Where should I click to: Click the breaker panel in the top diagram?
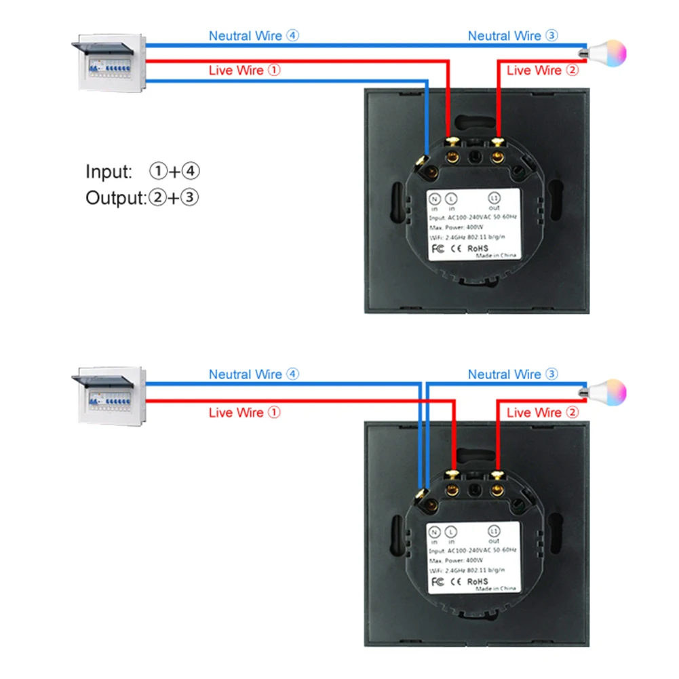click(x=109, y=64)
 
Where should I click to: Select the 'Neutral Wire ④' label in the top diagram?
click(x=254, y=36)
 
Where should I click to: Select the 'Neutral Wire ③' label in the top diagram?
click(x=513, y=36)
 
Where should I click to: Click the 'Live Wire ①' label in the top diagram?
click(x=244, y=71)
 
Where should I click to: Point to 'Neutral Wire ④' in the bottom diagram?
click(x=254, y=374)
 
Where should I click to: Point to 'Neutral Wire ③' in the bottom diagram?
click(x=513, y=374)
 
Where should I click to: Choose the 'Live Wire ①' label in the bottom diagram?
click(x=244, y=412)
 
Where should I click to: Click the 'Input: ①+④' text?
click(x=143, y=172)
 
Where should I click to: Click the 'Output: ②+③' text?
click(x=142, y=198)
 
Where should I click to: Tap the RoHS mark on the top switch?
click(x=479, y=248)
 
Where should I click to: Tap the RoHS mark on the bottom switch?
click(x=479, y=581)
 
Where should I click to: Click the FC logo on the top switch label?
click(x=438, y=248)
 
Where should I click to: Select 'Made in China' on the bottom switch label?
click(x=495, y=589)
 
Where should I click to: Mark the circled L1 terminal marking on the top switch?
click(x=494, y=198)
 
